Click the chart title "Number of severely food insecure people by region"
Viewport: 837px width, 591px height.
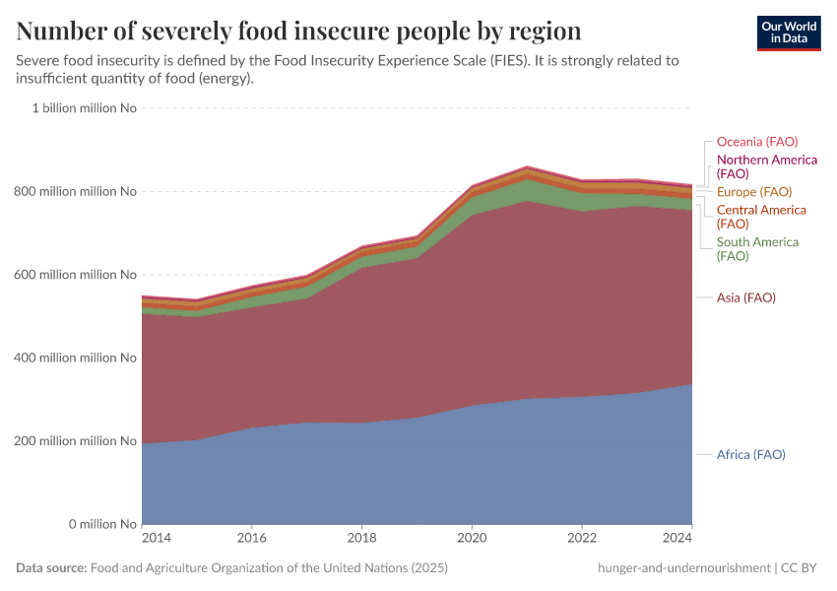(298, 32)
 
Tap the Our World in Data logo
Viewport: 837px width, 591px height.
(788, 33)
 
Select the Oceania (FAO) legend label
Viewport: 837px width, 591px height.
(756, 142)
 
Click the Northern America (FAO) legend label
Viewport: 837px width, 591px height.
(766, 166)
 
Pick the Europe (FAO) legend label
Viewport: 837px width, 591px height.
(753, 192)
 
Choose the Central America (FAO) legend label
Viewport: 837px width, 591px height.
(760, 217)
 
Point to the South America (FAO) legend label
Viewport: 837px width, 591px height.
(756, 249)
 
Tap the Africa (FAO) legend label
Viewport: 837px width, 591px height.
(750, 454)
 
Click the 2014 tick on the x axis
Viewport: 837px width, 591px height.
(157, 539)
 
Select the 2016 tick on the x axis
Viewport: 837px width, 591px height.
(252, 539)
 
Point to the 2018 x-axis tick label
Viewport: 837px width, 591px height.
(362, 539)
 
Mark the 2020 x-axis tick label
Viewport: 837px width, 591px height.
(473, 539)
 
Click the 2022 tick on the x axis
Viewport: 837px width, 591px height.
(583, 539)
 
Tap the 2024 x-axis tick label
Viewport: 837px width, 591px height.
(678, 539)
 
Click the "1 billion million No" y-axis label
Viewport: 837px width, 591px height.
(84, 108)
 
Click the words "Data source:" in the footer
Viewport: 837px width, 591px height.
(50, 568)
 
